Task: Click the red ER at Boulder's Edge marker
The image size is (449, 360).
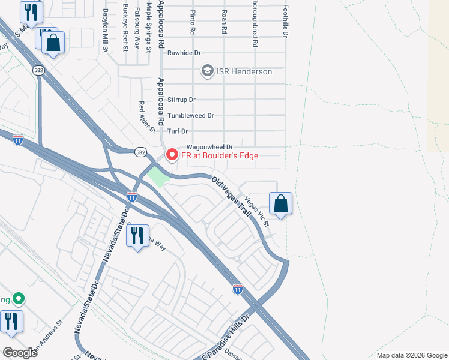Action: click(172, 155)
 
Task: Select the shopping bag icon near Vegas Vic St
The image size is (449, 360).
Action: click(280, 204)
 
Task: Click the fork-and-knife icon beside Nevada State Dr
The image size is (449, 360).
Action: click(139, 235)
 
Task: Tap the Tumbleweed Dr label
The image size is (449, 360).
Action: click(190, 115)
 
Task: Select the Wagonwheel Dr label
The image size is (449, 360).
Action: click(209, 146)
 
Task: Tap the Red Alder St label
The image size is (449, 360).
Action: click(147, 116)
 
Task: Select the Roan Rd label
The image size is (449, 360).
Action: click(224, 21)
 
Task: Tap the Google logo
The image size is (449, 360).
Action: click(20, 352)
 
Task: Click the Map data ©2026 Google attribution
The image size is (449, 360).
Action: click(411, 355)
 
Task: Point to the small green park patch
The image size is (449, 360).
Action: click(158, 176)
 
